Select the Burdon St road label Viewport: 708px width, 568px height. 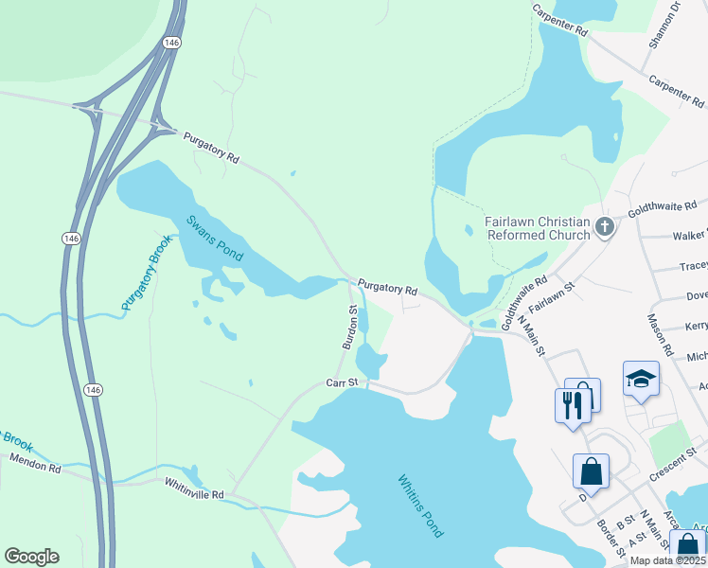350,327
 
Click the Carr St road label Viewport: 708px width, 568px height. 345,382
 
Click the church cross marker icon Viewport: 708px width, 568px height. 605,228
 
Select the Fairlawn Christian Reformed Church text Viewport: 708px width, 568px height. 537,228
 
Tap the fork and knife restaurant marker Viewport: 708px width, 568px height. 572,405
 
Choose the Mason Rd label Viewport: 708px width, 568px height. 661,334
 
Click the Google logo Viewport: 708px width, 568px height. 31,557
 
